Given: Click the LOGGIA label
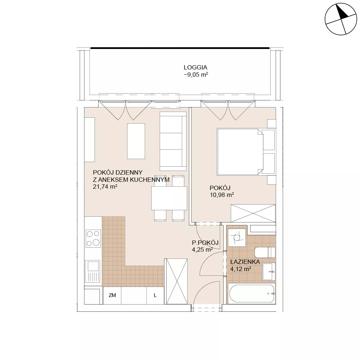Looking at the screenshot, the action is pos(195,68).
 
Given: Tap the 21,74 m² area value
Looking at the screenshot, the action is pos(105,186).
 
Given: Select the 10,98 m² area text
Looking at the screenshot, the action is pos(222,195).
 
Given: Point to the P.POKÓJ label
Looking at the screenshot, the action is pos(205,243).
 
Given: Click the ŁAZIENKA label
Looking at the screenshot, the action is pos(245,262).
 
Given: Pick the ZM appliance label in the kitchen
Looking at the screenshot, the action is pos(112,295).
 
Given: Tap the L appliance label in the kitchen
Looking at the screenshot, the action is pos(155,296).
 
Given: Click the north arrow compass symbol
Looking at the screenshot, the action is pos(341,19).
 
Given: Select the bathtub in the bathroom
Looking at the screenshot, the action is pos(252,293).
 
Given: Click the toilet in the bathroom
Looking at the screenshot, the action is pos(265,253).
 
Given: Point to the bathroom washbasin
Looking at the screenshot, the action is pos(269,271).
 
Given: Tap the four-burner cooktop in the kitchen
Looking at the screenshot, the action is pos(93,239).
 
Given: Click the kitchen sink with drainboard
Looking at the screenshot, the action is pos(93,271).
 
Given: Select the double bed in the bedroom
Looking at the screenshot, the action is pos(246,152).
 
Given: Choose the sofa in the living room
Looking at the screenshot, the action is pos(173,141).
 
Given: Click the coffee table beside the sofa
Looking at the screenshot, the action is pos(136,141).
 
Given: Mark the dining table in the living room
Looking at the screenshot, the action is pos(169,198).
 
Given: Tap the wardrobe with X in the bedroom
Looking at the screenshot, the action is pos(253,213).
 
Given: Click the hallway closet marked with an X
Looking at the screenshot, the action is pos(176,281).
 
